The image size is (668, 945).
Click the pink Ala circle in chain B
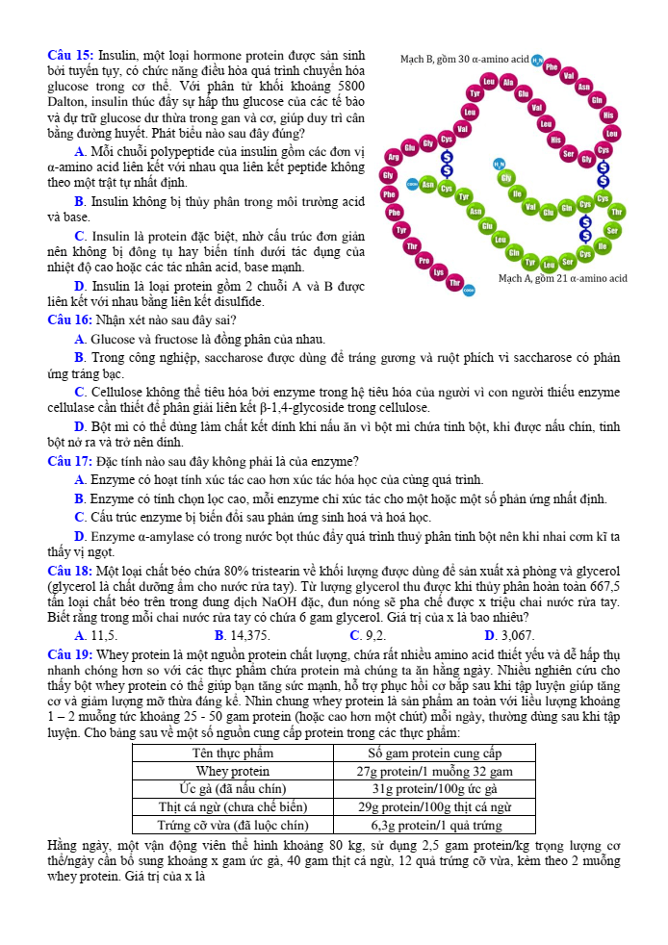pos(509,83)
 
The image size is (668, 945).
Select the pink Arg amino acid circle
pos(393,156)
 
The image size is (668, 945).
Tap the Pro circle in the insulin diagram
pos(424,260)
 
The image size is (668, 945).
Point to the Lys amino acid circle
pos(439,272)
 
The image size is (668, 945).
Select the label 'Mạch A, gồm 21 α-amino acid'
pos(563,278)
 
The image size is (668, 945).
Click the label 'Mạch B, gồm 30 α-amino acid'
pos(464,60)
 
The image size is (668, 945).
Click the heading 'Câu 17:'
pos(70,461)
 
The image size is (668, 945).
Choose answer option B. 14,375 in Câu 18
pos(243,635)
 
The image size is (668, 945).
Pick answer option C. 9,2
pos(369,635)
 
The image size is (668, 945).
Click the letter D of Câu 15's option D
pos(79,287)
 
